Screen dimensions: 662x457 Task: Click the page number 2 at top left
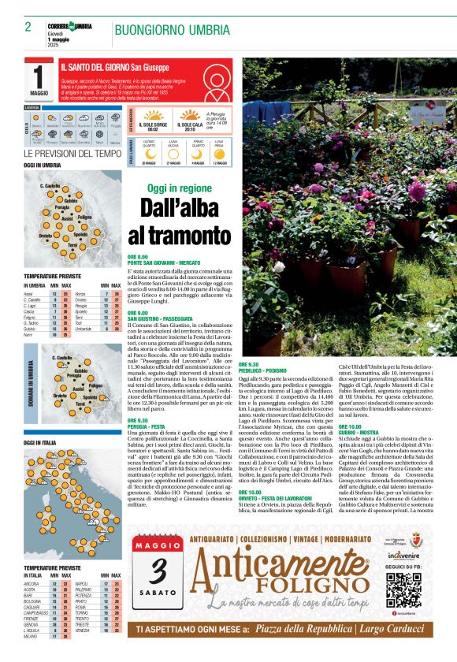[x=28, y=27]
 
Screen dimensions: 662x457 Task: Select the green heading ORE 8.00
[x=137, y=257]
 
